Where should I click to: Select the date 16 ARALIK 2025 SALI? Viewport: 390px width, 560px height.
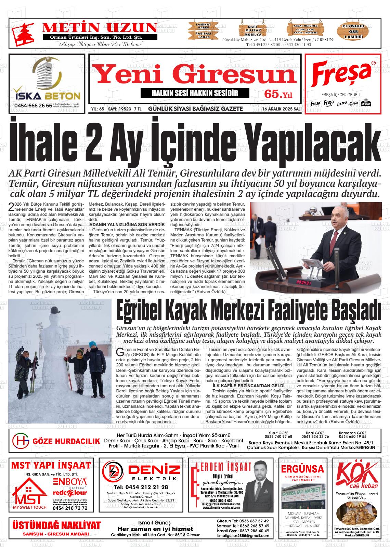click(281, 109)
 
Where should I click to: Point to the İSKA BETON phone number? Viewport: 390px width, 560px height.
click(33, 106)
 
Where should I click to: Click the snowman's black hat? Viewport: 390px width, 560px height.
click(55, 310)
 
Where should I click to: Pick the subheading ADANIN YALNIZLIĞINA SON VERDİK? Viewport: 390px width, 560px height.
click(127, 224)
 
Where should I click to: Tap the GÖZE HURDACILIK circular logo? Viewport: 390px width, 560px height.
click(21, 441)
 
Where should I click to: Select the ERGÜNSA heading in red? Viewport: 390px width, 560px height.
click(302, 468)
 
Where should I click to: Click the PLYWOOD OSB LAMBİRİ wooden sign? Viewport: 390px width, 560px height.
click(354, 31)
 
